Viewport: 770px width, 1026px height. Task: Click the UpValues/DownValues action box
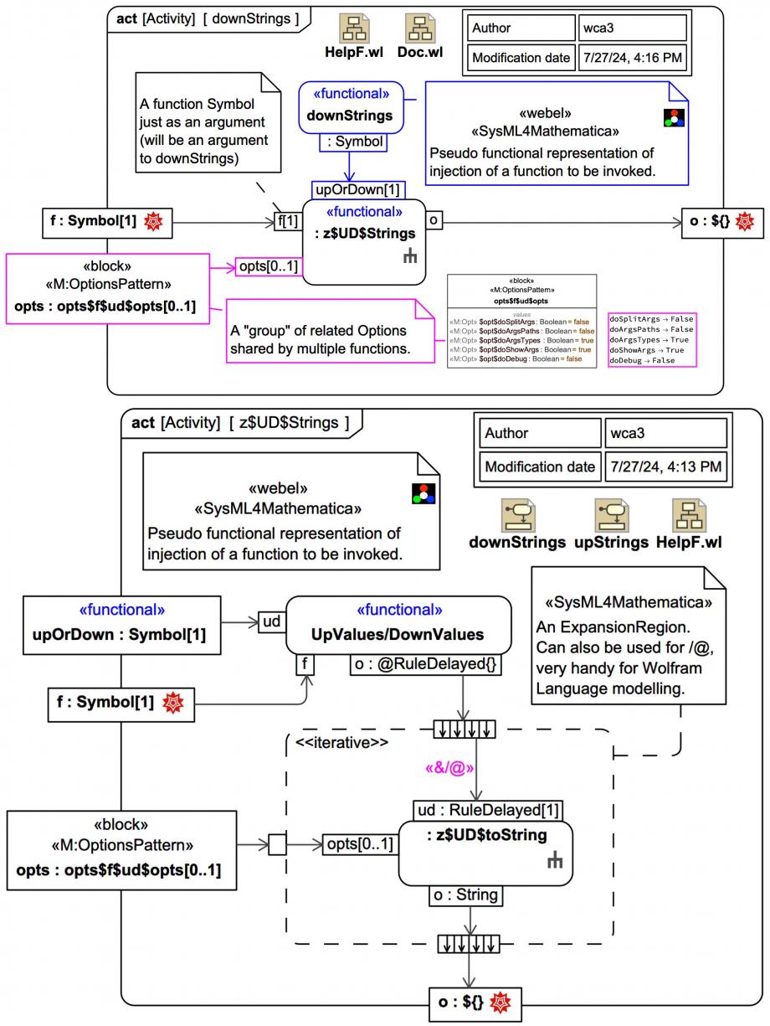click(398, 625)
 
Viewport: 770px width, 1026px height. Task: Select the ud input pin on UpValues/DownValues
click(271, 621)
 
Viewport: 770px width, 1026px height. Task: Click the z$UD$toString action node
click(485, 853)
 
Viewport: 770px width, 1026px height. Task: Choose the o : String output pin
click(465, 895)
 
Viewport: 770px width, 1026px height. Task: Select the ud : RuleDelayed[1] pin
click(487, 810)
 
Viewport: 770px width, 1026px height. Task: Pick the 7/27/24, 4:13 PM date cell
click(665, 467)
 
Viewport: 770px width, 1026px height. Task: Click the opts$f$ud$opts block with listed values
click(522, 321)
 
